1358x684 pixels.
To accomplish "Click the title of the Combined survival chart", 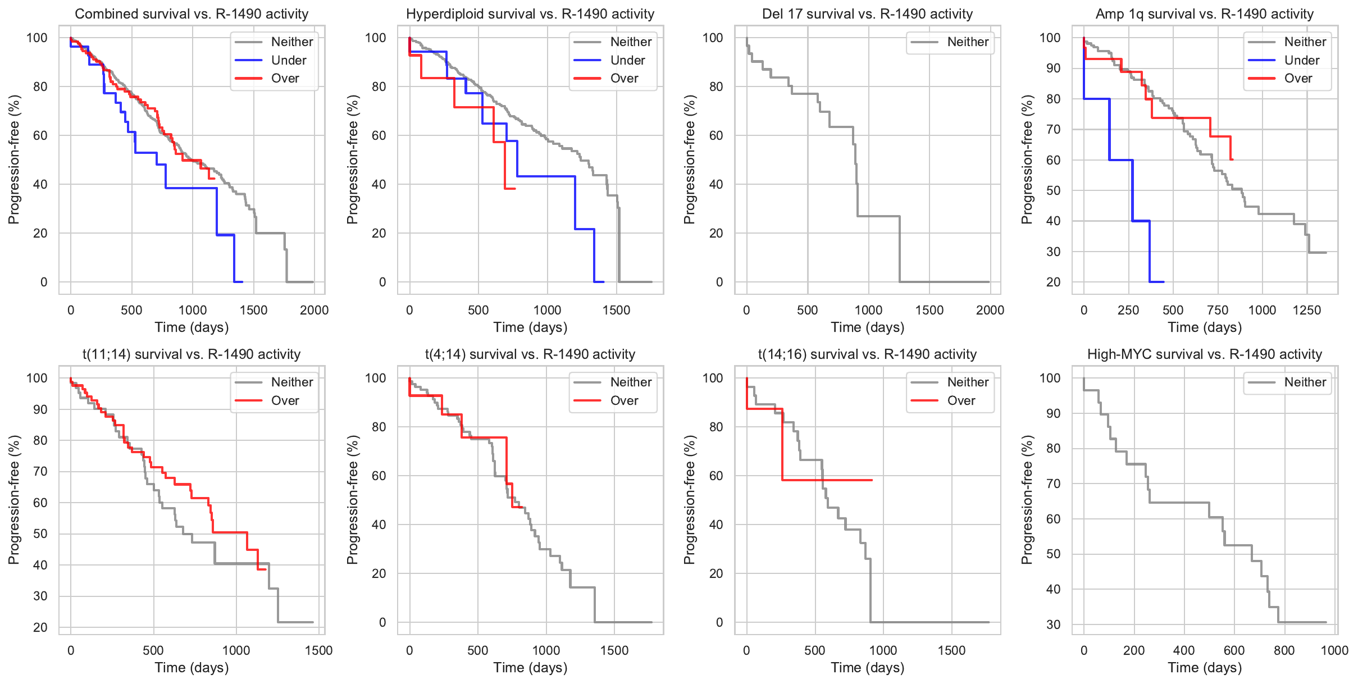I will coord(192,14).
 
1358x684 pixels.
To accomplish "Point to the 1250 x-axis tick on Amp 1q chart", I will coord(1306,310).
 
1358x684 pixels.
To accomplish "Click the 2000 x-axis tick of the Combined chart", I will coord(314,310).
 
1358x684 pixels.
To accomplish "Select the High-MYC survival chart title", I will coord(1204,354).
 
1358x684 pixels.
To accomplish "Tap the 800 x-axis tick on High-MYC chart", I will coord(1284,650).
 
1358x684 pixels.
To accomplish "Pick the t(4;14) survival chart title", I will coord(530,354).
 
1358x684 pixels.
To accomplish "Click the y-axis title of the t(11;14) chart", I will coord(14,500).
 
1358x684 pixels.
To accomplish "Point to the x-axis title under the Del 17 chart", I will coord(867,327).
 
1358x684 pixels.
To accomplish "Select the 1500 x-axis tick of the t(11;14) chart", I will coord(318,650).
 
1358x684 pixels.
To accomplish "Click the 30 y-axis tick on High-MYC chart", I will coord(1054,624).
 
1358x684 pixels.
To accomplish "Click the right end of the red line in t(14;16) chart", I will coord(872,480).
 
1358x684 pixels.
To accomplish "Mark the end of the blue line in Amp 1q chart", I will coord(1164,282).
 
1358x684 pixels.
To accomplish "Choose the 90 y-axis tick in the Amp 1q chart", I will coord(1054,68).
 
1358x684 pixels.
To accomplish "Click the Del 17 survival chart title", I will coord(867,14).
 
